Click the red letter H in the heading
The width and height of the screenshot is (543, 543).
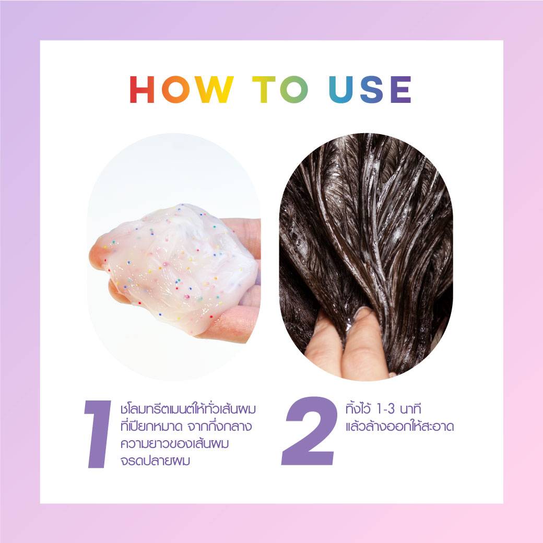[x=142, y=89]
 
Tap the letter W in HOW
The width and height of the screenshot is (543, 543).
[x=214, y=89]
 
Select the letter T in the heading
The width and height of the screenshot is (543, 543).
[x=264, y=89]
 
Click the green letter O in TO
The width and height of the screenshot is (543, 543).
[x=294, y=89]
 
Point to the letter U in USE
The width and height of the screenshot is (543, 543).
[x=340, y=90]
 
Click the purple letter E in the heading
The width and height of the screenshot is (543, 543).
[x=401, y=89]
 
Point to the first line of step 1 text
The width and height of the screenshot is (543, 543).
[x=188, y=409]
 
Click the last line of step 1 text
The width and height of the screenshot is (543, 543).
[x=156, y=461]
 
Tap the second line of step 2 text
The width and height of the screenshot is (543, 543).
[x=399, y=426]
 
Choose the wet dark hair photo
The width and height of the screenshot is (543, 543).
[x=366, y=256]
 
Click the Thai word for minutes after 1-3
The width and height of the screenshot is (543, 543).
[x=410, y=409]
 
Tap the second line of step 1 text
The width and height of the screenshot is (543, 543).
[x=186, y=426]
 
